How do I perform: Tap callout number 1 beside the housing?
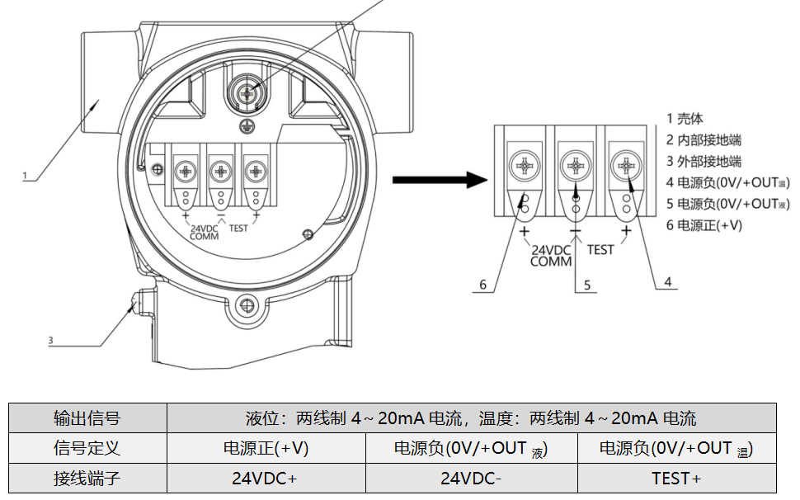click(x=26, y=175)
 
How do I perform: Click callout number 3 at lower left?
click(x=50, y=340)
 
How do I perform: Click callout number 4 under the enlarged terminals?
click(x=668, y=281)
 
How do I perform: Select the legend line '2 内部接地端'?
click(x=704, y=140)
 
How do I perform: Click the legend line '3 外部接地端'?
click(x=704, y=162)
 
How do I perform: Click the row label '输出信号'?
click(x=87, y=418)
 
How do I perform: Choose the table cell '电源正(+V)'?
click(x=265, y=449)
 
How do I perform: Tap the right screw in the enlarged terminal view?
click(x=626, y=166)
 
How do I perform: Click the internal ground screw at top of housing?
click(x=245, y=95)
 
